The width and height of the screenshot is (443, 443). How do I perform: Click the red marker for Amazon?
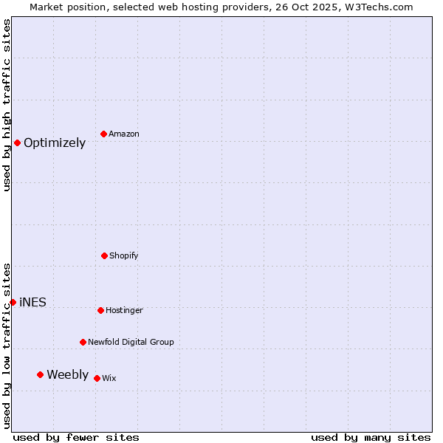click(103, 134)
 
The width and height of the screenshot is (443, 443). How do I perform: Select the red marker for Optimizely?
click(17, 142)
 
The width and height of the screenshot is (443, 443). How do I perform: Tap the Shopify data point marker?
click(104, 255)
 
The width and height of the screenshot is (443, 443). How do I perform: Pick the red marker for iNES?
click(13, 302)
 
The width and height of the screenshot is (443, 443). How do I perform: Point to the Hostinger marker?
click(100, 310)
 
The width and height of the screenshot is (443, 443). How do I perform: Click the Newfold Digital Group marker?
click(83, 342)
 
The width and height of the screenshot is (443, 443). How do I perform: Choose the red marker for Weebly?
click(40, 374)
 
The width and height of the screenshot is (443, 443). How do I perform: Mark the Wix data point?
click(97, 378)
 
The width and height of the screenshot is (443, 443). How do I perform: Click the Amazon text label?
click(124, 134)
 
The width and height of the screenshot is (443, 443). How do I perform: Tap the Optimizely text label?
click(55, 143)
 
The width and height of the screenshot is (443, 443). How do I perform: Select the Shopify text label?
click(124, 256)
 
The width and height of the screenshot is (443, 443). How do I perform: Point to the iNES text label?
click(32, 303)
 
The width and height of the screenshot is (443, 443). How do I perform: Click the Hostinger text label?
click(124, 311)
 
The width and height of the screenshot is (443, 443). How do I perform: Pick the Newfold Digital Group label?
click(131, 343)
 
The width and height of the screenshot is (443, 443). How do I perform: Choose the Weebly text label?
click(67, 375)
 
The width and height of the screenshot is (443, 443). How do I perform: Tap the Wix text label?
click(109, 379)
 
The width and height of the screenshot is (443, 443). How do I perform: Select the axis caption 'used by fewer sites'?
click(76, 437)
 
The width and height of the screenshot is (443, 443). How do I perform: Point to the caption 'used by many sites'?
click(371, 437)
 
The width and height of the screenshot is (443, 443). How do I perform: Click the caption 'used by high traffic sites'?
click(7, 106)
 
